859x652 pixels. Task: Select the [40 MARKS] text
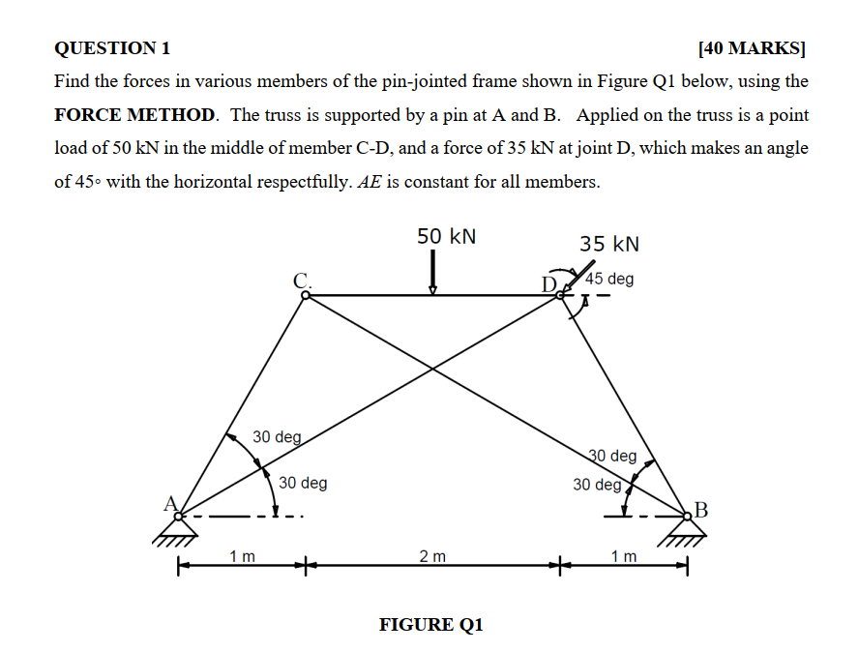click(753, 47)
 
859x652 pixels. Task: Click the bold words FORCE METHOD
click(134, 115)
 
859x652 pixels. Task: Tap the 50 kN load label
click(446, 237)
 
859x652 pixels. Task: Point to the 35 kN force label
click(609, 244)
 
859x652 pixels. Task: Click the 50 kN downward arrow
click(432, 271)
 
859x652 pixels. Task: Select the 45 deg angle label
click(610, 279)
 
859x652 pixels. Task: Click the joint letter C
click(302, 280)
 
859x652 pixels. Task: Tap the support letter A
click(171, 502)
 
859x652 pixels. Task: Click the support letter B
click(701, 509)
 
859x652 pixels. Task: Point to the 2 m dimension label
click(432, 555)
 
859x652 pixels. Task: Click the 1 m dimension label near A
click(243, 555)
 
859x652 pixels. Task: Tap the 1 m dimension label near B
click(624, 555)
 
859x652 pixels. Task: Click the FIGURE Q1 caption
click(430, 624)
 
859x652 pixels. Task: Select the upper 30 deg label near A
click(278, 437)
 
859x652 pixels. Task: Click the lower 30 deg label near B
click(596, 484)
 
